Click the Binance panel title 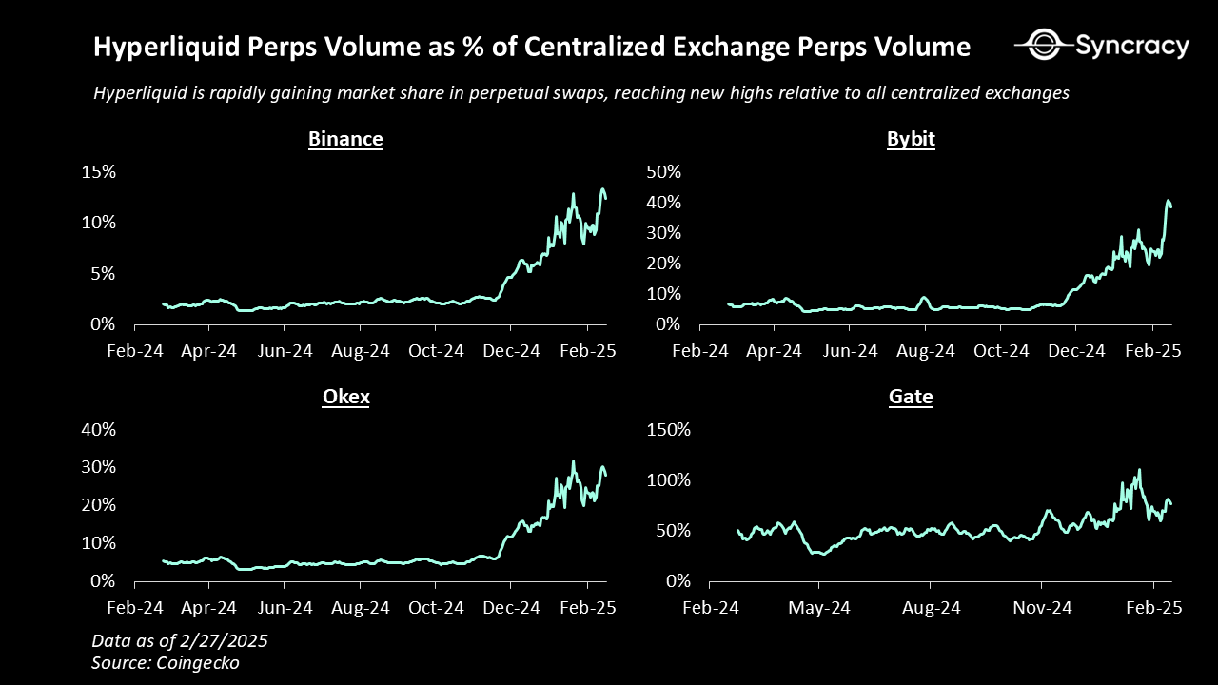345,139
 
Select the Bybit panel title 911,139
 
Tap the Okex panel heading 345,397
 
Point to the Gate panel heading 911,397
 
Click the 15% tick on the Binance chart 98,172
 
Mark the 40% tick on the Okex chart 98,429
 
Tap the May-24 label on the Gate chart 820,608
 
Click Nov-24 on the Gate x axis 1041,608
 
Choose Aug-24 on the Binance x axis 361,351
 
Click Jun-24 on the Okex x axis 285,608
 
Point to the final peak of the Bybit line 1169,201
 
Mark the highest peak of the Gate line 1139,469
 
